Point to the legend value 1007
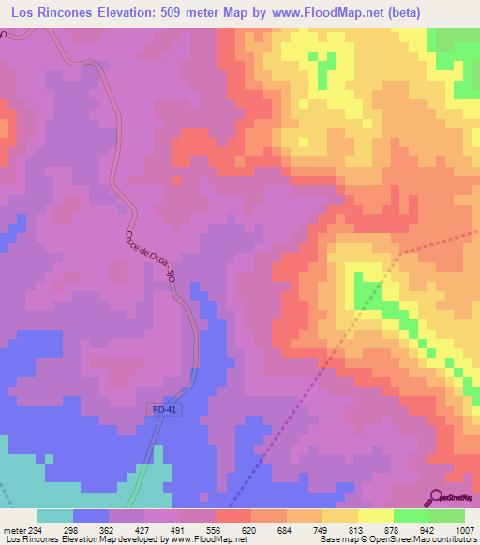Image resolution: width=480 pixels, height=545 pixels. (464, 531)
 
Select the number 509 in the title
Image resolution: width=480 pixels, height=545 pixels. (186, 12)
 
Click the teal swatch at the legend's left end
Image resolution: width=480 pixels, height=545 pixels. (55, 516)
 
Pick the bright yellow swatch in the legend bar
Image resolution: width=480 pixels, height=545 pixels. (376, 516)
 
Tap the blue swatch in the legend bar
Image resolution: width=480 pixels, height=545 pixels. (91, 516)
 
